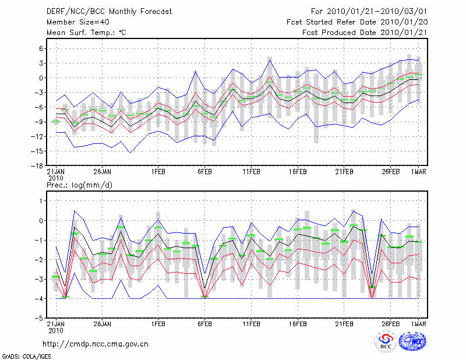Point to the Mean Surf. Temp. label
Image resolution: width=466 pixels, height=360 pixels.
(86, 33)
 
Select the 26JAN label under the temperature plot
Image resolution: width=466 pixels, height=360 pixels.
(103, 172)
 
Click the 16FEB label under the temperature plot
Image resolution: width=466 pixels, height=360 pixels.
(298, 172)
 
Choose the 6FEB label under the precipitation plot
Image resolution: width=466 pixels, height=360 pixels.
(204, 323)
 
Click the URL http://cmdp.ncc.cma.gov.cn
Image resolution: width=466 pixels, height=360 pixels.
(96, 344)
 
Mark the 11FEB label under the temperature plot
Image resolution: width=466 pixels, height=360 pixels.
(251, 172)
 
